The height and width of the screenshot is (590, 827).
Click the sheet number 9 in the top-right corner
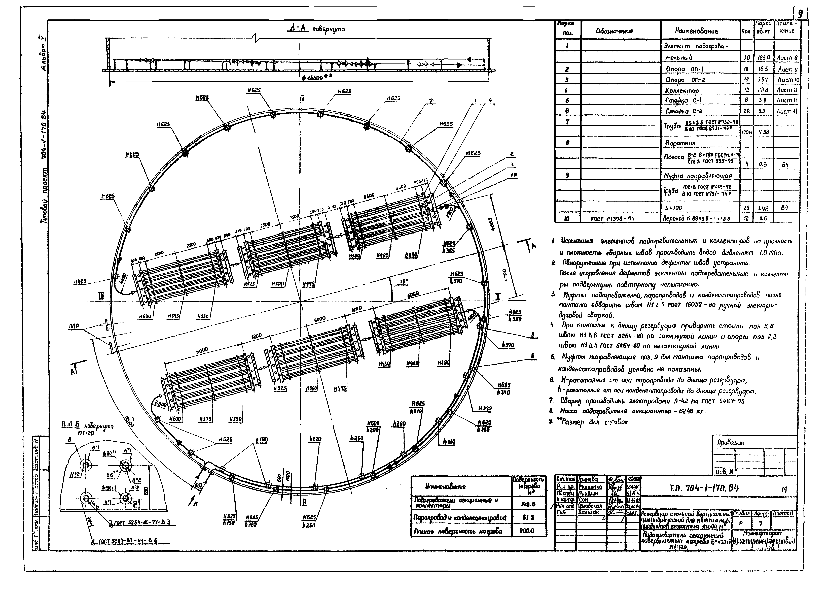coord(800,14)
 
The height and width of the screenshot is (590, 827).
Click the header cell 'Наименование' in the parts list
coord(696,31)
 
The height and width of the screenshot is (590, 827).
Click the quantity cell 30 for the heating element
coord(746,57)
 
